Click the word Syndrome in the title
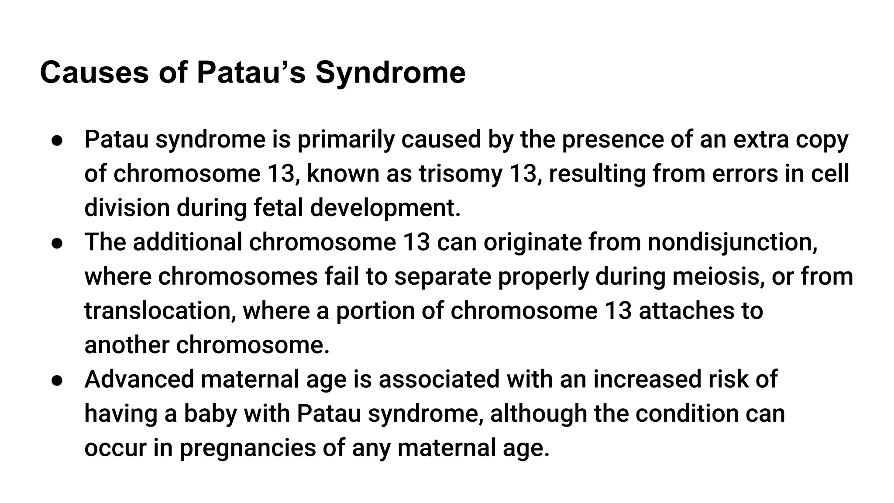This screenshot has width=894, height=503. [x=390, y=72]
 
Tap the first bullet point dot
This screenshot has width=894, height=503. [x=58, y=140]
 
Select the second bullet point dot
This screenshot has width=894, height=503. [x=58, y=243]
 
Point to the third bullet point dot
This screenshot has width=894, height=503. [x=58, y=380]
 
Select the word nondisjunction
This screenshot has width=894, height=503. [x=732, y=242]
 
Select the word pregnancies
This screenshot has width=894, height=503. [x=248, y=448]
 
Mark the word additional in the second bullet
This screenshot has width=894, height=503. [x=187, y=242]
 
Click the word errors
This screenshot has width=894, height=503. [x=745, y=174]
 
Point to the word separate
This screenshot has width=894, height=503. [x=443, y=277]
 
